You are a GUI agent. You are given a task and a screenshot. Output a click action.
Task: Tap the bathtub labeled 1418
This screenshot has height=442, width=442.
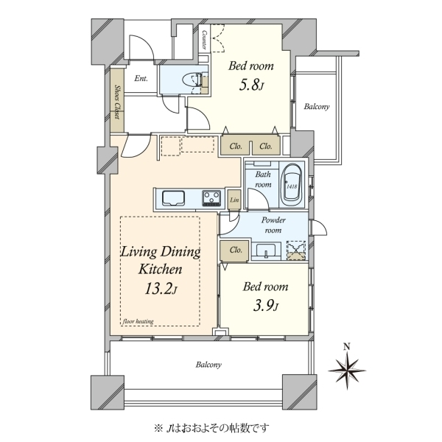(292, 186)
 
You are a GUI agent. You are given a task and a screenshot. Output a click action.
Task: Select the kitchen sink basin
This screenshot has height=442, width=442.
(173, 197)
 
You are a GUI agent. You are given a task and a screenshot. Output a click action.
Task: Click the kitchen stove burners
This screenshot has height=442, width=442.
(211, 198)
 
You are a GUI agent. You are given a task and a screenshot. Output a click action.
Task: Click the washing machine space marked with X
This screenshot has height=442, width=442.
(296, 250)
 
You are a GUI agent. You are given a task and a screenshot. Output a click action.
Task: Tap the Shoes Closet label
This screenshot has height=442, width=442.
(117, 102)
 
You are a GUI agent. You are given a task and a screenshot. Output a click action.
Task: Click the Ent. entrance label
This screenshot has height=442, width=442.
(141, 78)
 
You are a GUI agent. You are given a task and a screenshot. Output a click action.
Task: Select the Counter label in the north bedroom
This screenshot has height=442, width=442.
(204, 40)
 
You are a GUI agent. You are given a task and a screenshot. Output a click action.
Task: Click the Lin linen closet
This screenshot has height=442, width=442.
(234, 200)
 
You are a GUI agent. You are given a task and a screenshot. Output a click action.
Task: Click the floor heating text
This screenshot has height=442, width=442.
(138, 321)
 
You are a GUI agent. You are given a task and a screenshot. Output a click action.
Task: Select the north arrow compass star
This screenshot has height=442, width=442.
(347, 370)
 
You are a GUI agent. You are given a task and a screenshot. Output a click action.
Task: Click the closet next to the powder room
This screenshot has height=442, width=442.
(235, 250)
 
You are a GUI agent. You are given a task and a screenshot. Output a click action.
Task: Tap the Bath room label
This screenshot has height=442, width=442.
(263, 179)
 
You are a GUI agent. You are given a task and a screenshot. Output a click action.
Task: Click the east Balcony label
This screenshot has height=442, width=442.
(317, 107)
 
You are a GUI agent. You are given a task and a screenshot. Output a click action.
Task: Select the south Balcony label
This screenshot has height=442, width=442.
(208, 365)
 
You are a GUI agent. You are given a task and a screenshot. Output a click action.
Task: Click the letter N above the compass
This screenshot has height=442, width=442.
(347, 346)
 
